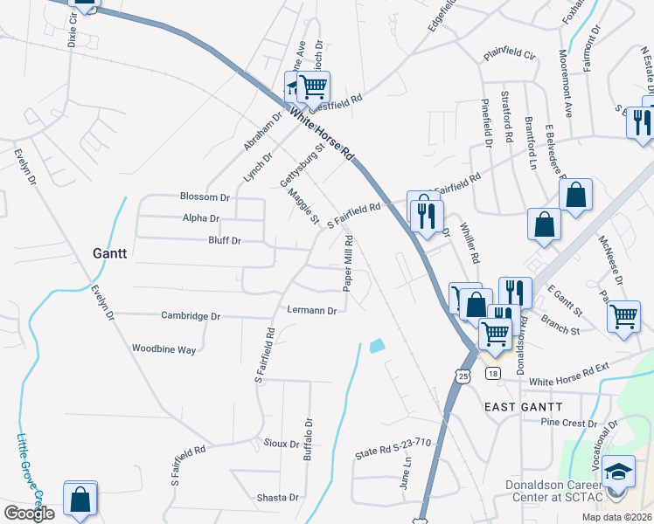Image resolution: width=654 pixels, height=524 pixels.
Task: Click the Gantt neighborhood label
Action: (110, 253)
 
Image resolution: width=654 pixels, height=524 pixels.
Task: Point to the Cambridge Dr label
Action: (190, 315)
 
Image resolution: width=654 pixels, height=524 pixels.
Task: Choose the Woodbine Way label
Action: (163, 348)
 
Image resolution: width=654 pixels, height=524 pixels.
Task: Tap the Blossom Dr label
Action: (204, 197)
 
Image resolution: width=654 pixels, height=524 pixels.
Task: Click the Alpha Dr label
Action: (201, 218)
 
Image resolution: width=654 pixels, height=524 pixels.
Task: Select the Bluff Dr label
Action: (224, 240)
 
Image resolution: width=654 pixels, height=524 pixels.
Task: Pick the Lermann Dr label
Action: (312, 310)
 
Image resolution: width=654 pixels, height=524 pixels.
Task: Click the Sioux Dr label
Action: (282, 444)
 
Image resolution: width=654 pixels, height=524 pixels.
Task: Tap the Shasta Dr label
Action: (278, 498)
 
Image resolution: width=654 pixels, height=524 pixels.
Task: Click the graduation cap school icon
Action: (618, 472)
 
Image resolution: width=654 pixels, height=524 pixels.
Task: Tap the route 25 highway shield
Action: (463, 375)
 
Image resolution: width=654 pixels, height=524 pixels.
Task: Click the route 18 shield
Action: (495, 374)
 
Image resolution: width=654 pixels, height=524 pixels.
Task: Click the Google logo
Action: (29, 514)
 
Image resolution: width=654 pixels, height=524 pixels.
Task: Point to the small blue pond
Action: (377, 346)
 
